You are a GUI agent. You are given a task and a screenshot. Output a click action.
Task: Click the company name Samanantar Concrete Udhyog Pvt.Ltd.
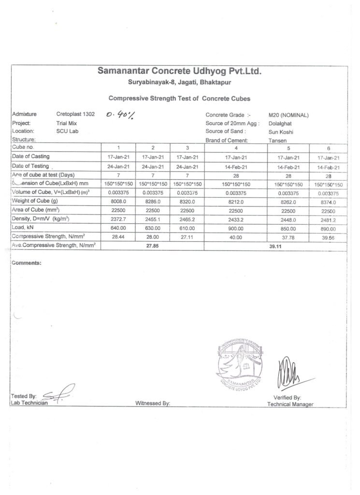click(x=179, y=72)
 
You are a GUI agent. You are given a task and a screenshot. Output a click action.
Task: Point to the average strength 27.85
click(x=153, y=246)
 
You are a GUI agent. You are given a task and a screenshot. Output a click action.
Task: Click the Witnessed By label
click(x=153, y=402)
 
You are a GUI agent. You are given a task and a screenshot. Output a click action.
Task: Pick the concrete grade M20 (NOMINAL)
click(x=288, y=115)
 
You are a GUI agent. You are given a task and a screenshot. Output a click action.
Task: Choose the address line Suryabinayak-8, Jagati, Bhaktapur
click(x=179, y=83)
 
